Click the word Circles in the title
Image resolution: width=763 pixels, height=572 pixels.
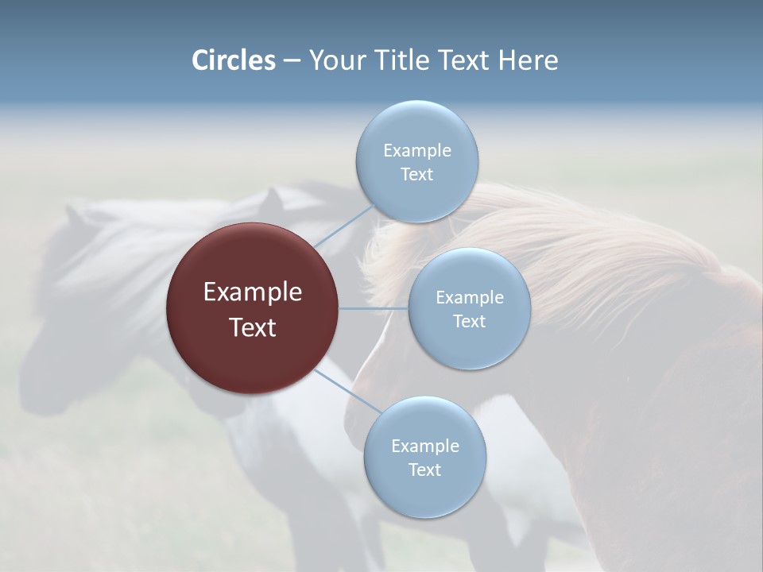(234, 60)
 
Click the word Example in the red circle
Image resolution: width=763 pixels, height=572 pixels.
(253, 292)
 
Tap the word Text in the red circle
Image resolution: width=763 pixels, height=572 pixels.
(253, 327)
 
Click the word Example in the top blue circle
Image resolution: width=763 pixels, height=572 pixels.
(416, 150)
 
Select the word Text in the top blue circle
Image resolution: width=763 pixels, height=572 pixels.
(416, 174)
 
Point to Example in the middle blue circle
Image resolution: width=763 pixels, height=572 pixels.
(469, 297)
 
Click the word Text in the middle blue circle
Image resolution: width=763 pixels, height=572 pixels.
(469, 321)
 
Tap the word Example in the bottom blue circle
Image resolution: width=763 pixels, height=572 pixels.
(424, 446)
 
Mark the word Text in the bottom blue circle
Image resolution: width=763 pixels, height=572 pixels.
(424, 470)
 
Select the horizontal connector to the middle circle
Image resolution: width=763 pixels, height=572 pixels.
(374, 308)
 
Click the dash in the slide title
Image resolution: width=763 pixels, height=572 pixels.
(292, 61)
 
